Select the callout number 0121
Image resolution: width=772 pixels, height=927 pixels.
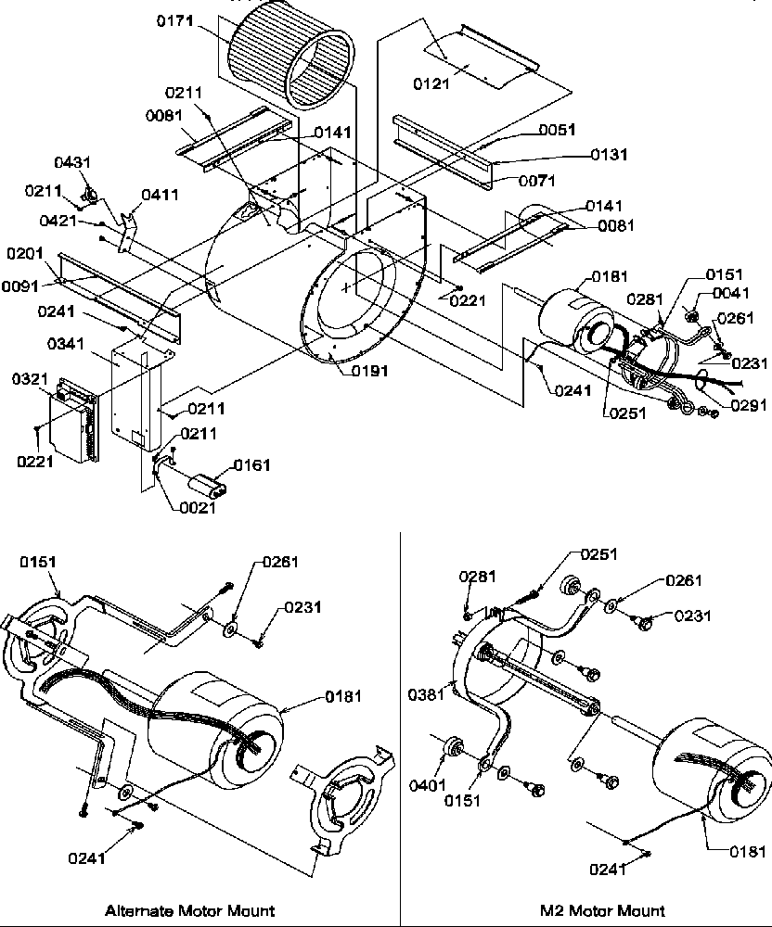click(x=431, y=83)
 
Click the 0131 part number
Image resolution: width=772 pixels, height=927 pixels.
click(x=610, y=155)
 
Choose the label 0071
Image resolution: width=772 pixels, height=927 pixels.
click(x=537, y=180)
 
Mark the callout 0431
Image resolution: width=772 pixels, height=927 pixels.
click(x=72, y=162)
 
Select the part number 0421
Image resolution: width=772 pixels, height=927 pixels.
click(x=58, y=220)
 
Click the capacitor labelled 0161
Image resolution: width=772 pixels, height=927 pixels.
click(x=207, y=484)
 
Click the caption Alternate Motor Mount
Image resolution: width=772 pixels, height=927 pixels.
click(x=189, y=910)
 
